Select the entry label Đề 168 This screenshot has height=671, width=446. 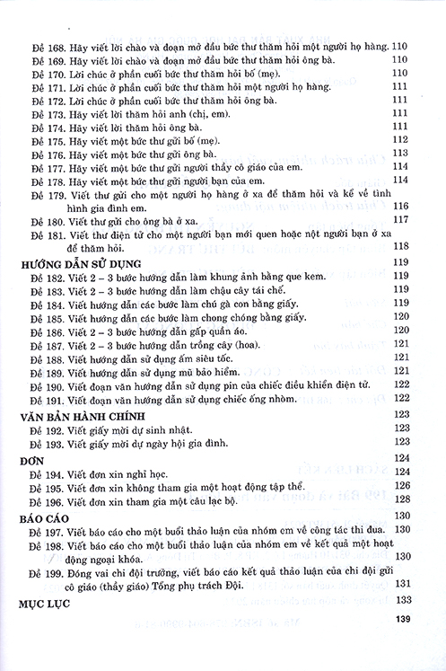pos(46,44)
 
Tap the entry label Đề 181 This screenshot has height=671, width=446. pos(46,234)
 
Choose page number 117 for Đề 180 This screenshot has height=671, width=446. pos(401,219)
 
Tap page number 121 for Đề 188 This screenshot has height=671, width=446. pos(401,358)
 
